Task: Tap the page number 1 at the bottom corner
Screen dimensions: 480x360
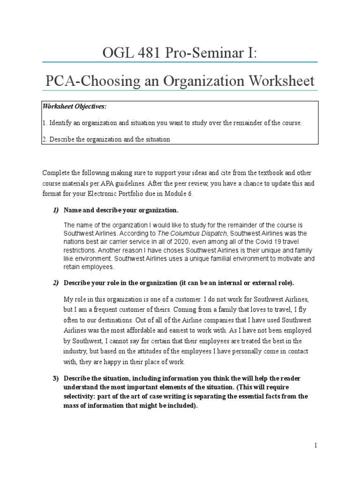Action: click(x=316, y=446)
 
